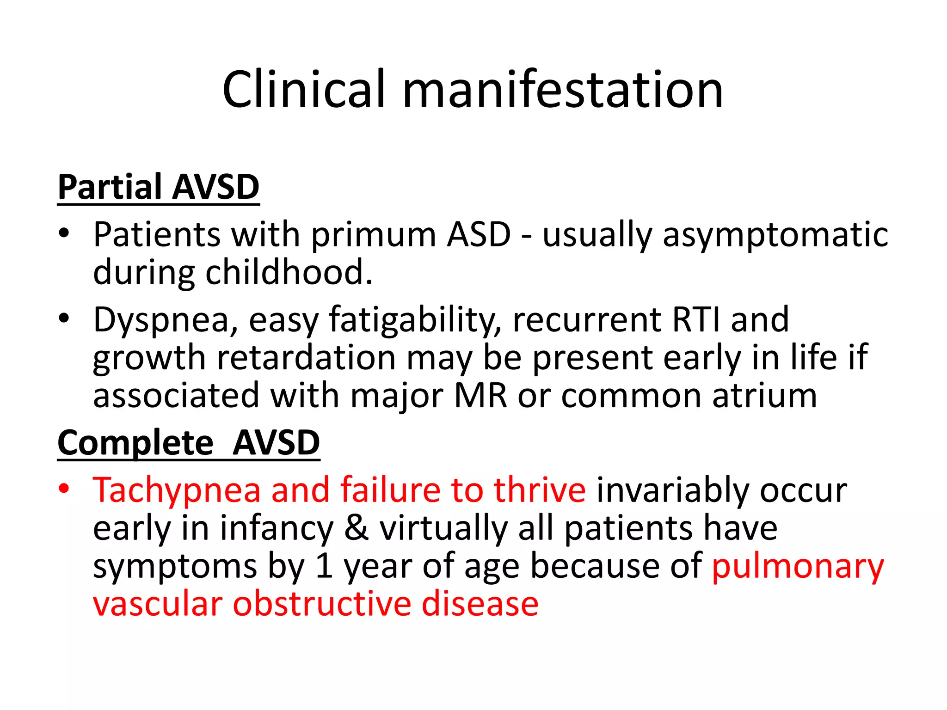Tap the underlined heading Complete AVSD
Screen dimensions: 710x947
click(189, 443)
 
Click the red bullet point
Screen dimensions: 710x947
click(64, 489)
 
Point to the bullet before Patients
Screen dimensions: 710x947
click(64, 233)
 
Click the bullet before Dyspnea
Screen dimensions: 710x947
click(64, 318)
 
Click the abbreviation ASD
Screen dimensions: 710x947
click(479, 234)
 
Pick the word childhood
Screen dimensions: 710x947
click(289, 272)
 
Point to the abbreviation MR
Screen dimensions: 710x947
click(480, 396)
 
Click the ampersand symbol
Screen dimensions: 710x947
click(357, 528)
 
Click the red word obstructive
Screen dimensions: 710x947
click(322, 604)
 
